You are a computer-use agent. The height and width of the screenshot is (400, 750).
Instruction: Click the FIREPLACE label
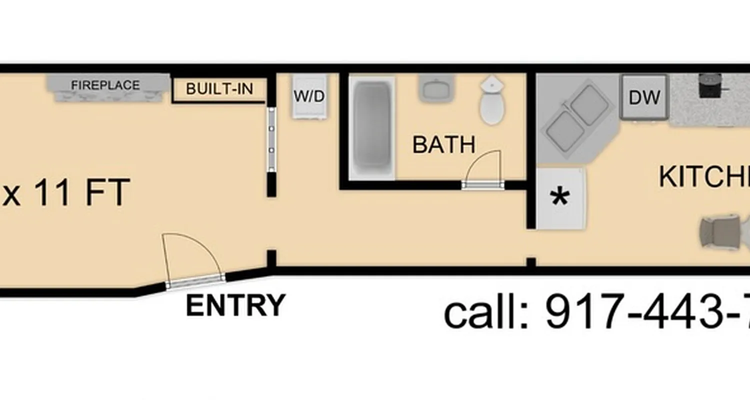pyautogui.click(x=105, y=85)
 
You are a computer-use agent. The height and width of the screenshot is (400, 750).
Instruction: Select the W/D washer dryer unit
pyautogui.click(x=309, y=96)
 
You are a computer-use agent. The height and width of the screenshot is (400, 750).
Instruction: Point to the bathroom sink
pyautogui.click(x=435, y=88)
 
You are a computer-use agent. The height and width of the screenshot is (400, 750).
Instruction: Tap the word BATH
pyautogui.click(x=443, y=144)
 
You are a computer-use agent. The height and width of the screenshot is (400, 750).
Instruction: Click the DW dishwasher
pyautogui.click(x=644, y=97)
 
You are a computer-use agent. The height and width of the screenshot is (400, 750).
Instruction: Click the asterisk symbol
pyautogui.click(x=559, y=198)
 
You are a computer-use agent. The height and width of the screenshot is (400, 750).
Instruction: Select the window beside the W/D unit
pyautogui.click(x=271, y=140)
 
